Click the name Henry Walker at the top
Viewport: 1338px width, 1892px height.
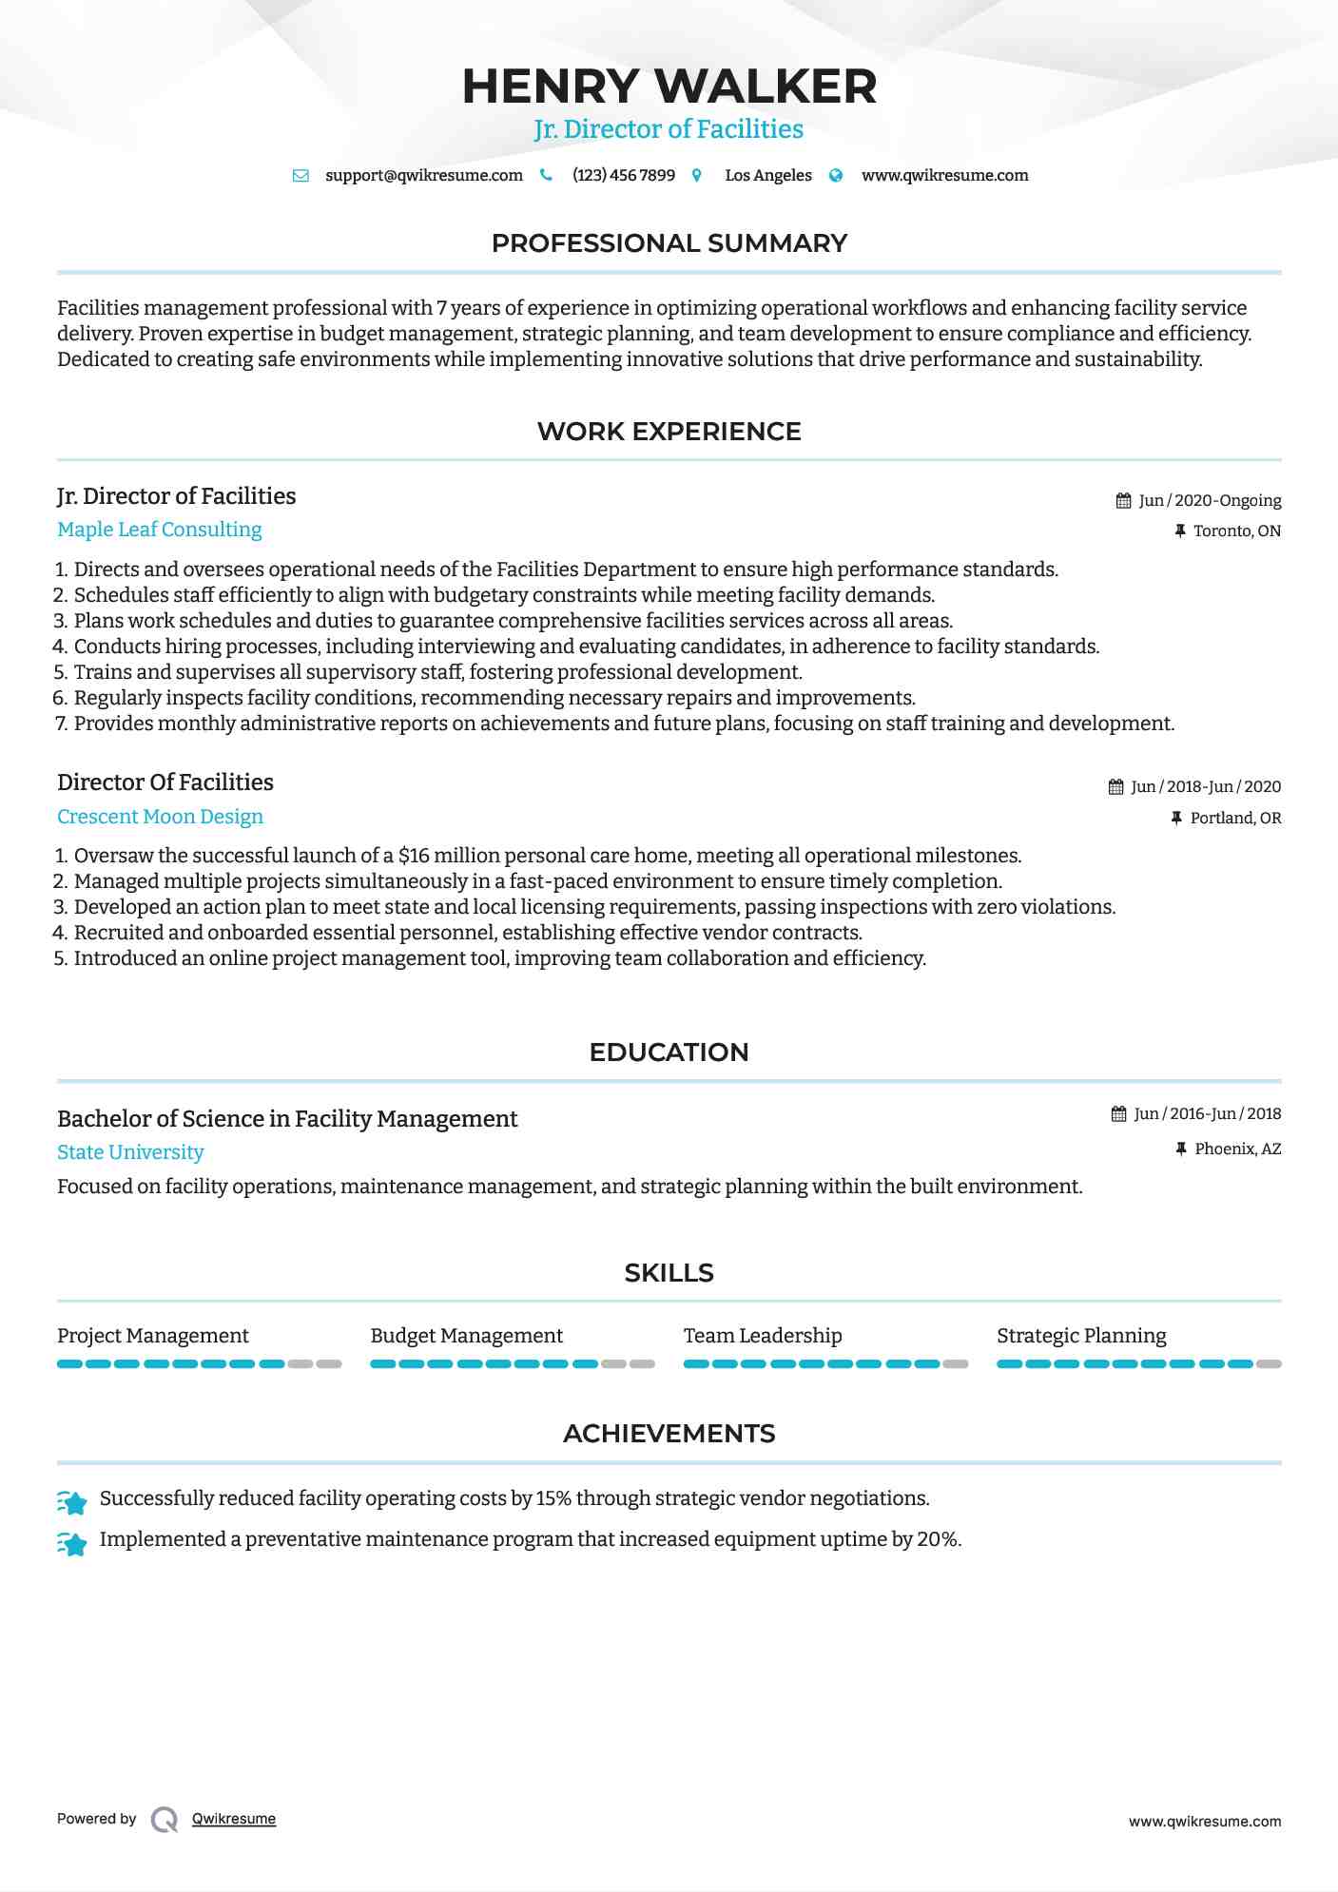(669, 87)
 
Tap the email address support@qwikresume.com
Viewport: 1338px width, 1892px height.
(423, 175)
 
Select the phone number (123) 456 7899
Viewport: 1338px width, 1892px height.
(623, 175)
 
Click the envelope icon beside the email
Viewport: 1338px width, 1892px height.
(301, 176)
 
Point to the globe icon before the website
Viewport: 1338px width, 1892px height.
(836, 175)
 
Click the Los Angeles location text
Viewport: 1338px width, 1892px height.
(767, 175)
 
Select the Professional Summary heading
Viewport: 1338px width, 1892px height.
(669, 243)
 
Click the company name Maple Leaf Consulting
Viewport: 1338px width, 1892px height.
(159, 530)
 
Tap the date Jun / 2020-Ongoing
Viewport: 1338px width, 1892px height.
(1210, 500)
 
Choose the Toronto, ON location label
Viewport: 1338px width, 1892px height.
(1236, 531)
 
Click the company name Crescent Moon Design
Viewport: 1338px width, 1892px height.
(160, 817)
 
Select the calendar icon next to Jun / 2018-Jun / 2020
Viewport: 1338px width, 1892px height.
(1115, 787)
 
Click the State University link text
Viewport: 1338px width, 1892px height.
(130, 1152)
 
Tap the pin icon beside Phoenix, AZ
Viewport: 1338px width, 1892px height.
(1180, 1149)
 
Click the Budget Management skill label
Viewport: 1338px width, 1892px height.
(466, 1336)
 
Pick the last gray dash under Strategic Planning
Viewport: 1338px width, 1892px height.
(1269, 1364)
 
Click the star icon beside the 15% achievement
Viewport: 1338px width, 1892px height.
(72, 1501)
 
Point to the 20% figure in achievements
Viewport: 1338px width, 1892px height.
(938, 1539)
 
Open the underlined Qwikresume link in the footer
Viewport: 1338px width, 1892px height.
(234, 1819)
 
